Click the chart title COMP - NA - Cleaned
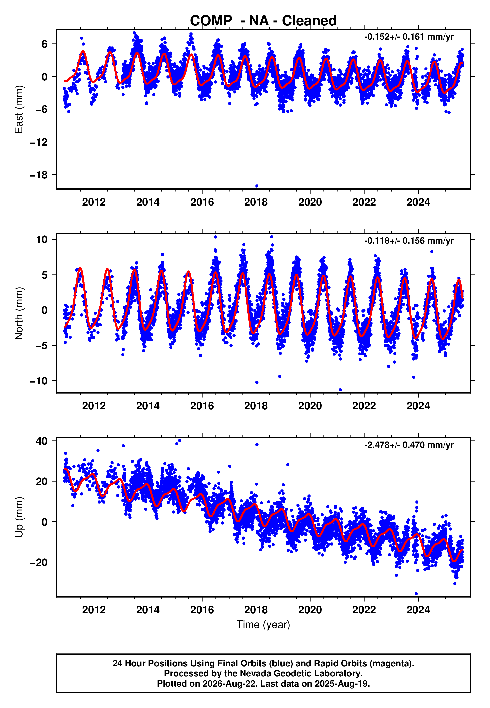coord(263,21)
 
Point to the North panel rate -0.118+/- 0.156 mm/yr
coord(409,241)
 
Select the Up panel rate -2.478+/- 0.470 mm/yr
coord(409,445)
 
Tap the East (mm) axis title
coord(19,109)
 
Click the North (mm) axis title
coord(19,313)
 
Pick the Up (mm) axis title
coord(19,517)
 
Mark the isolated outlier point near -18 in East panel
coord(257,186)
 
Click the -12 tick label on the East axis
coord(39,142)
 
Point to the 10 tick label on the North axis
coord(42,240)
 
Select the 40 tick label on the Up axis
coord(42,441)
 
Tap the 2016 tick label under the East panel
coord(202,202)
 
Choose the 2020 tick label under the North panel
coord(310,406)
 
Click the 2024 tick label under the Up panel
coord(418,610)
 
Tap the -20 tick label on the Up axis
coord(39,562)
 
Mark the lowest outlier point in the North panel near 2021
coord(340,390)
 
